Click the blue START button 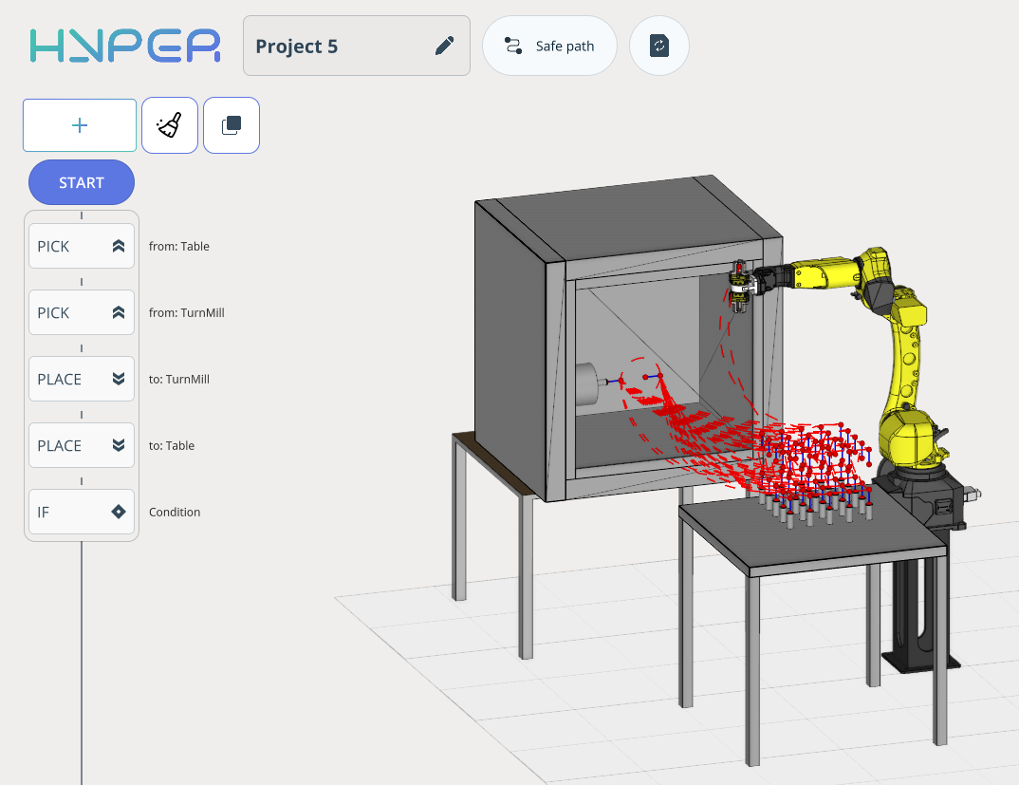tap(82, 182)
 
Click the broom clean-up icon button tap(170, 125)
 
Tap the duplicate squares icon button tap(232, 125)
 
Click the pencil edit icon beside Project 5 tap(445, 46)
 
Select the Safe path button tap(549, 46)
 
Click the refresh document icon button tap(659, 46)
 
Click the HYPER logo tap(125, 46)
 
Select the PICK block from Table tap(82, 246)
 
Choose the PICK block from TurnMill tap(82, 312)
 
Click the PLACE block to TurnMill tap(82, 379)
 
